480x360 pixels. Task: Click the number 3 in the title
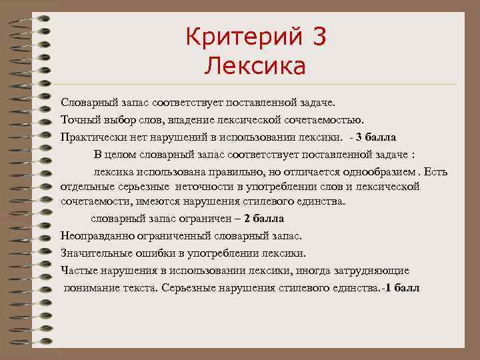(317, 37)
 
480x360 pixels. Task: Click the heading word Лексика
(256, 66)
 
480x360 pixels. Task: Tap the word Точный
(79, 120)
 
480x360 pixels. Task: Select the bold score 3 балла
(376, 137)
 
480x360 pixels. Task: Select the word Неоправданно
(98, 235)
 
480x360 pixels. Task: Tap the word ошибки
(151, 253)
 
